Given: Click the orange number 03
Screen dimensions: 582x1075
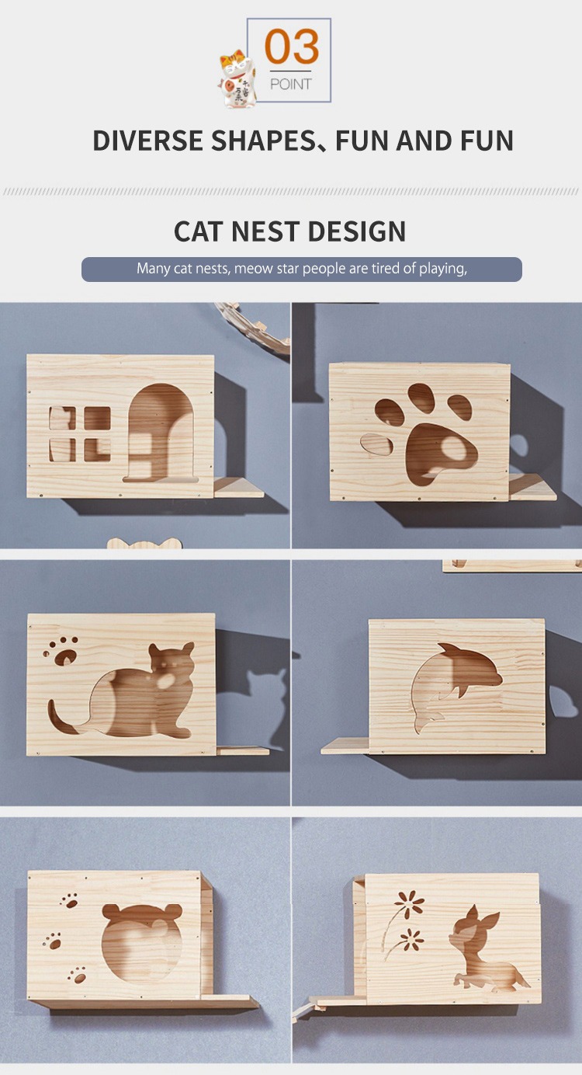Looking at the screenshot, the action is click(292, 47).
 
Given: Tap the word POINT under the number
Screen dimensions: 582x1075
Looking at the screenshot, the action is click(290, 84).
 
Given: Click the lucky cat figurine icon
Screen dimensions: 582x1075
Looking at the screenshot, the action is click(237, 78).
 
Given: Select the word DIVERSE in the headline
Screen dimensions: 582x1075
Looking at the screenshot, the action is click(147, 140).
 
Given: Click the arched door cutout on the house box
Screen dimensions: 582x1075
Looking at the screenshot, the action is click(161, 433).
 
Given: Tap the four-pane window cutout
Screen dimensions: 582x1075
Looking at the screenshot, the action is click(80, 434).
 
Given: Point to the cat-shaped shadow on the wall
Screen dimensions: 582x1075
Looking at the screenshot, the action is click(267, 701).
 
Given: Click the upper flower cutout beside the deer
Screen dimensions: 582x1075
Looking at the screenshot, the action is click(408, 904).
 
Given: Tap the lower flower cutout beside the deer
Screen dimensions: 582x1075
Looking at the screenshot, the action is click(411, 939).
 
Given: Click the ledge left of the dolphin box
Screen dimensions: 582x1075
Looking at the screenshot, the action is click(345, 746).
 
